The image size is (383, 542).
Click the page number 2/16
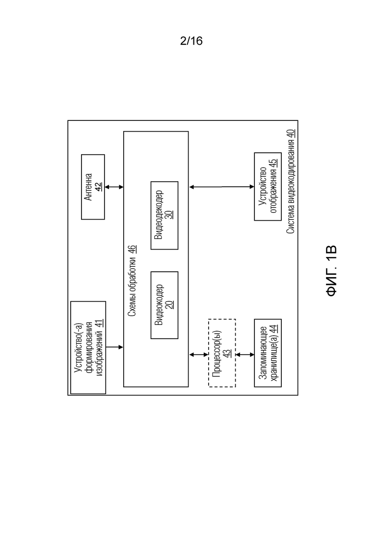coord(191,41)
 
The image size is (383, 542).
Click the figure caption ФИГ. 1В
coord(331,271)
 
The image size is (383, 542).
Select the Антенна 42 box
coord(93,187)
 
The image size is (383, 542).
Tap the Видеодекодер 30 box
coord(164,215)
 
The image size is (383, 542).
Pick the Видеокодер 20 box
coord(164,305)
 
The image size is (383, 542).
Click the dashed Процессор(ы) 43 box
coord(222,353)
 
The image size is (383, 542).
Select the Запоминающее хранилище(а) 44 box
coord(268,353)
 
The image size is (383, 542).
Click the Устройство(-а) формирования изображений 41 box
coord(88,347)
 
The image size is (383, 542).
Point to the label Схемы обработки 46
coord(132,281)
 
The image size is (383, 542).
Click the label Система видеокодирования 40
coord(291,181)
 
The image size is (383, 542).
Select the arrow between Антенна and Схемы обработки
coord(114,187)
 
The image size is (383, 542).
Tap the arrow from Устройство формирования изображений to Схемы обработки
coord(115,347)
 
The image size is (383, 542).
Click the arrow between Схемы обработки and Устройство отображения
coord(221,187)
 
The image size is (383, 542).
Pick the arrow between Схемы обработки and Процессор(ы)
coord(198,355)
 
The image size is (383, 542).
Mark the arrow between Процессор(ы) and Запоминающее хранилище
coord(245,355)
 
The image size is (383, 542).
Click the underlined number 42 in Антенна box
coord(99,187)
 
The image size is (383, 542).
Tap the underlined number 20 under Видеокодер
coord(169,305)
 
